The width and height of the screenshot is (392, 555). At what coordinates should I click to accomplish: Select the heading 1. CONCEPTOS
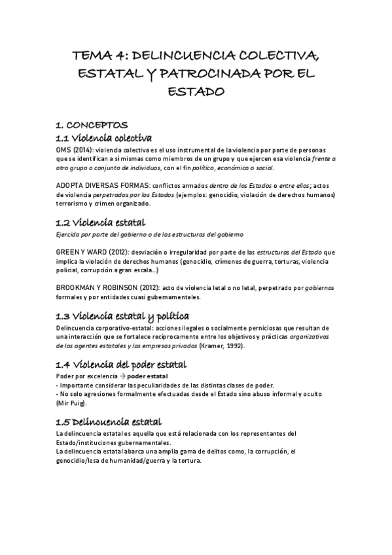pyautogui.click(x=92, y=124)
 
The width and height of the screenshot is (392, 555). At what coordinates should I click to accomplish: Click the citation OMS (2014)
pyautogui.click(x=75, y=149)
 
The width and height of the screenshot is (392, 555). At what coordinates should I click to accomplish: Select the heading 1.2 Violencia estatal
pyautogui.click(x=101, y=222)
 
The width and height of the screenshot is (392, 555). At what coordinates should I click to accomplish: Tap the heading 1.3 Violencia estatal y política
pyautogui.click(x=123, y=315)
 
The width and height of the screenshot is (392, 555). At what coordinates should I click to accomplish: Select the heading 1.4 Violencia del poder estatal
pyautogui.click(x=122, y=364)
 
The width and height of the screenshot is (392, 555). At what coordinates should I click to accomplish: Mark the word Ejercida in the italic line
pyautogui.click(x=69, y=234)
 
